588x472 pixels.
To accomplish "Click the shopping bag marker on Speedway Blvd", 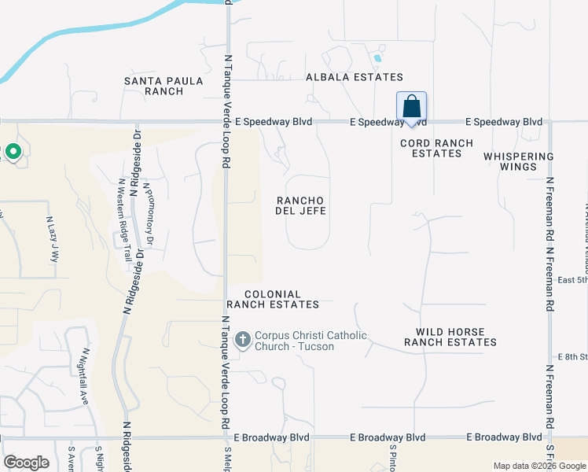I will (412, 107).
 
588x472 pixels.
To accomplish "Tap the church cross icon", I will (243, 340).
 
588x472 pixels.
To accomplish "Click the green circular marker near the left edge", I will (13, 151).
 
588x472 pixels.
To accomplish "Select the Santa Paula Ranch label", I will (164, 86).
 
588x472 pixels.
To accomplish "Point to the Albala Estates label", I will (355, 77).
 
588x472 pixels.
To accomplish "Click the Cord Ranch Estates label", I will (436, 148).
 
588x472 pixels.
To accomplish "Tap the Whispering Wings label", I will (520, 161).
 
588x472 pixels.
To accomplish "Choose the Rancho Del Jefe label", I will (301, 205).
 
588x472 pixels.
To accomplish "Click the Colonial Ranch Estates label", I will (273, 299).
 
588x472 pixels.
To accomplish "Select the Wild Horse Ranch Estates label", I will (450, 337).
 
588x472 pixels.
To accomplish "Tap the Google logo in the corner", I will (27, 463).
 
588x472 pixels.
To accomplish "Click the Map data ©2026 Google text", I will (538, 466).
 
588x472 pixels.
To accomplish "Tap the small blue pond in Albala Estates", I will (378, 57).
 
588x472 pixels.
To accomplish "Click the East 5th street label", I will (572, 279).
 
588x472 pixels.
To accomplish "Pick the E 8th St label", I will (572, 357).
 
